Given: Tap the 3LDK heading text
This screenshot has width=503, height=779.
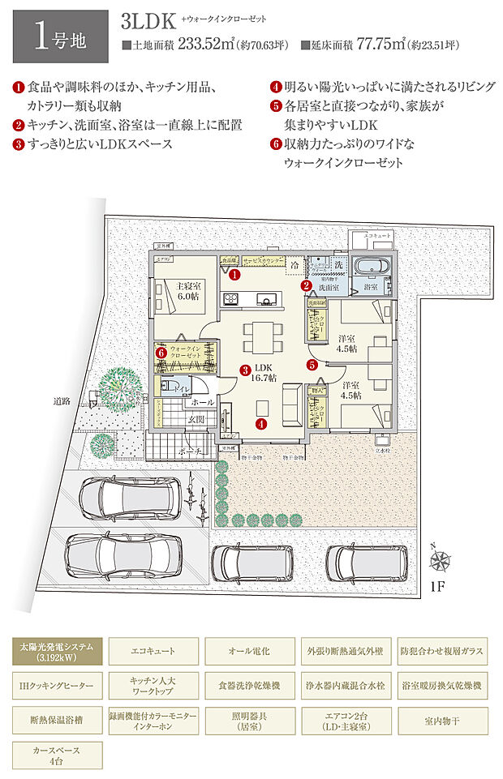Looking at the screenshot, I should click(x=148, y=20).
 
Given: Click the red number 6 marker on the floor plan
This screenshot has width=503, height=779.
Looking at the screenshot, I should click(x=161, y=353).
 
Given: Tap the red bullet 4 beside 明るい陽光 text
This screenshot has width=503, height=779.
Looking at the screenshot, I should click(x=275, y=85).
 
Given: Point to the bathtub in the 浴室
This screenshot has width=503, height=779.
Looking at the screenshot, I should click(x=375, y=268).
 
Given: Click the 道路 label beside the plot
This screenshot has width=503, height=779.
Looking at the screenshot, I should click(x=62, y=400).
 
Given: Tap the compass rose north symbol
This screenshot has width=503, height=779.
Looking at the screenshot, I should click(x=441, y=559).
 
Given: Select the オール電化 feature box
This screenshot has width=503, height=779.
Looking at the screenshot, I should click(x=249, y=651).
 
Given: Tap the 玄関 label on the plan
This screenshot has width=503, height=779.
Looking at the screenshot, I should click(x=197, y=418).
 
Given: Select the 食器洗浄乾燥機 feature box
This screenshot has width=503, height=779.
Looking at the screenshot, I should click(x=249, y=686).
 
